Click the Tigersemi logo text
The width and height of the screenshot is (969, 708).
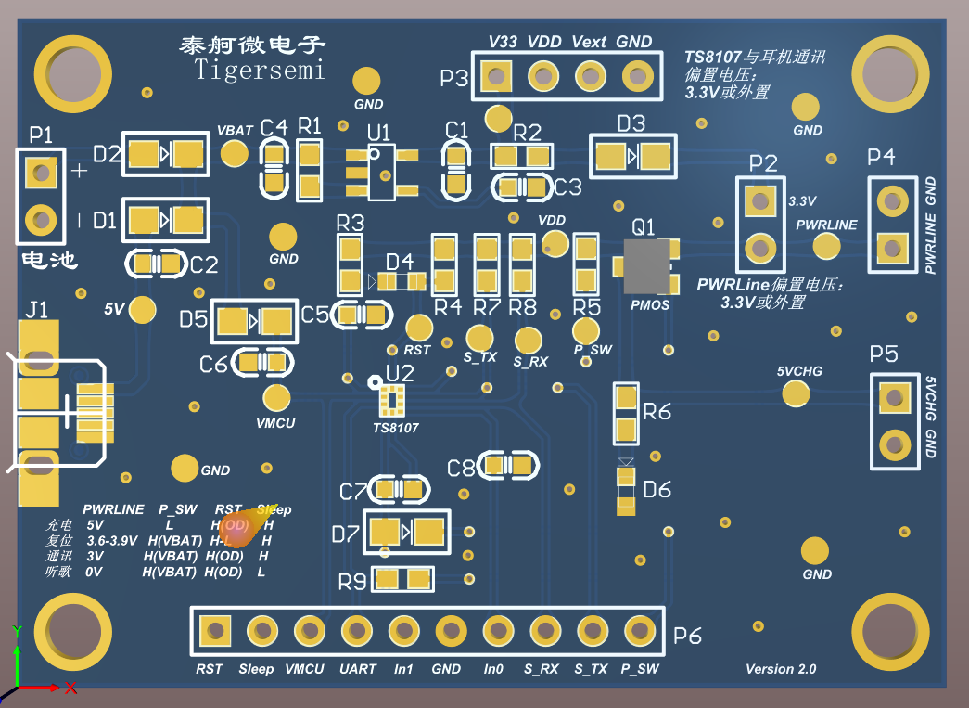pyautogui.click(x=260, y=70)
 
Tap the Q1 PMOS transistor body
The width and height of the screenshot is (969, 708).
pyautogui.click(x=646, y=266)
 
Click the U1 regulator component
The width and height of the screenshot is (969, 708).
pyautogui.click(x=380, y=172)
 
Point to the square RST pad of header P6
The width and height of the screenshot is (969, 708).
pyautogui.click(x=216, y=631)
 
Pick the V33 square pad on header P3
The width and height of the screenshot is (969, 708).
pyautogui.click(x=497, y=74)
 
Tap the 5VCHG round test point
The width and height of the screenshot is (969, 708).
pyautogui.click(x=795, y=393)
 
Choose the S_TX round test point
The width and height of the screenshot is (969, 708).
pyautogui.click(x=479, y=337)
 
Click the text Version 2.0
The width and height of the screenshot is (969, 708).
pyautogui.click(x=781, y=668)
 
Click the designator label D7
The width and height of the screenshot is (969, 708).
pyautogui.click(x=345, y=534)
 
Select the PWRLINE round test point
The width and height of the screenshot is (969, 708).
pyautogui.click(x=826, y=245)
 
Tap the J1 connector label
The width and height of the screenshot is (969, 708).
pyautogui.click(x=36, y=310)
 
